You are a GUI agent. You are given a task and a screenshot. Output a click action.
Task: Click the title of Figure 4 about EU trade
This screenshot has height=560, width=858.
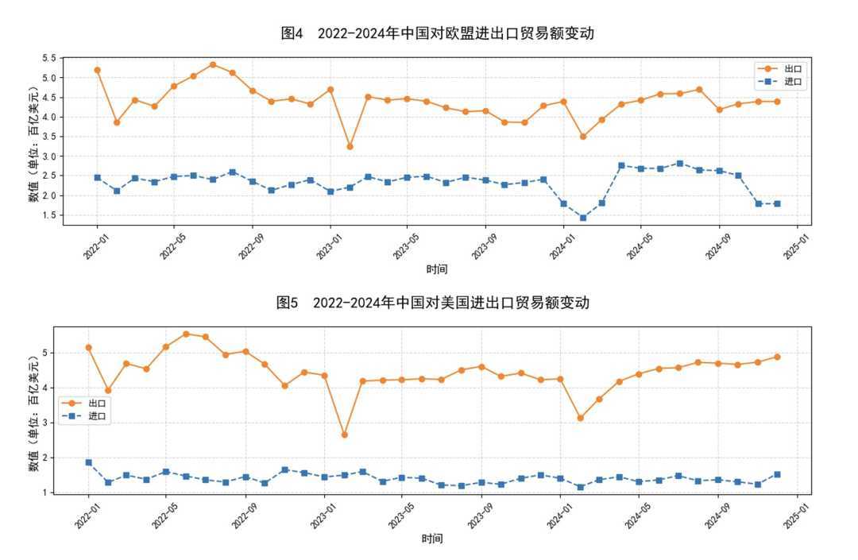pos(438,33)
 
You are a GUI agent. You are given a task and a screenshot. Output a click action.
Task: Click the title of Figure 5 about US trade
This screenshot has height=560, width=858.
pos(433,303)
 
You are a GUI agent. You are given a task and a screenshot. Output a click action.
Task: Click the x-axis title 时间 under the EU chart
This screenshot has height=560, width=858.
pos(436,268)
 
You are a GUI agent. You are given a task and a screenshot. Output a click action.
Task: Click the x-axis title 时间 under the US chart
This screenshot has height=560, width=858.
pos(432,539)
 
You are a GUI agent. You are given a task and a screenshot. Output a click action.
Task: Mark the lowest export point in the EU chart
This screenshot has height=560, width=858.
pos(350,146)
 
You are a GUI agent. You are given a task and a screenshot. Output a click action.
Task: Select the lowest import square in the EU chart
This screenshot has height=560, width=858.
pos(583,218)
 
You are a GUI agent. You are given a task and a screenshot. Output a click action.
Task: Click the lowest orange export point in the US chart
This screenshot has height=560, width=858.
pos(344,434)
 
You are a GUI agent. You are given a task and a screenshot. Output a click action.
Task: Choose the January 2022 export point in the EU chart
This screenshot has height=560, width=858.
pos(97,70)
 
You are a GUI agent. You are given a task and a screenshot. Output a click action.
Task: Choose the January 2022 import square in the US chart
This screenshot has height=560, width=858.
pos(88,462)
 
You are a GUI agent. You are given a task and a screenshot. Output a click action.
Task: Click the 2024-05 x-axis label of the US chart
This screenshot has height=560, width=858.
pos(640,512)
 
